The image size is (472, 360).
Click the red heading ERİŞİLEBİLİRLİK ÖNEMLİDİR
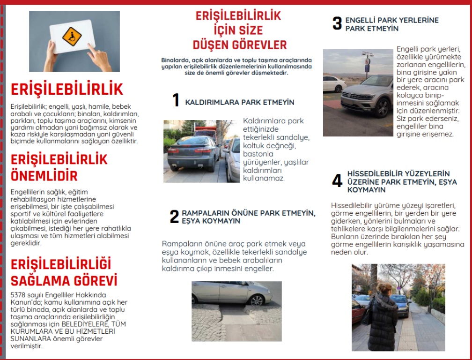(59, 168)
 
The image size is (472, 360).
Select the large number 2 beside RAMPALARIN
(174, 217)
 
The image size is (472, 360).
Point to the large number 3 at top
(337, 24)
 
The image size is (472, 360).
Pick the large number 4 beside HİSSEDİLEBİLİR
(337, 181)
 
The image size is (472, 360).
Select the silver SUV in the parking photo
(368, 97)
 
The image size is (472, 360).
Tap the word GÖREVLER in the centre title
(262, 45)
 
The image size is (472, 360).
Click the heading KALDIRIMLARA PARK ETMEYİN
(240, 102)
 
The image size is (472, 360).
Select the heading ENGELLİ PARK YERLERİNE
(392, 21)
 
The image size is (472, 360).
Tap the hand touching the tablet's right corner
(101, 57)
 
